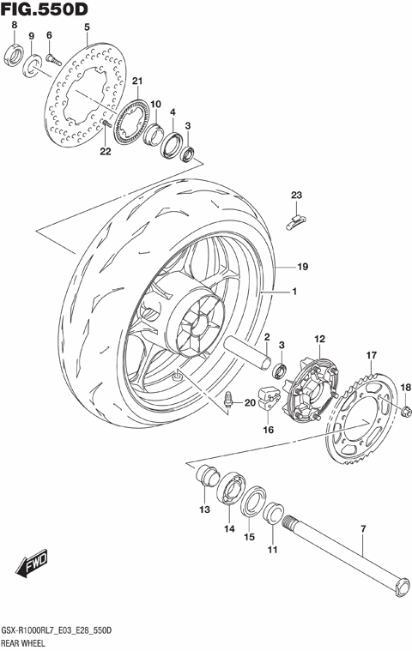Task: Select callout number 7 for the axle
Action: tap(362, 531)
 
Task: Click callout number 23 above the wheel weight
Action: tap(295, 196)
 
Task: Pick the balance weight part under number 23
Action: tap(295, 221)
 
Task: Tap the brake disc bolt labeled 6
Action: tap(51, 58)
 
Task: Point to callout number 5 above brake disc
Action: tap(86, 28)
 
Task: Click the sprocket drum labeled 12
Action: tap(317, 375)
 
